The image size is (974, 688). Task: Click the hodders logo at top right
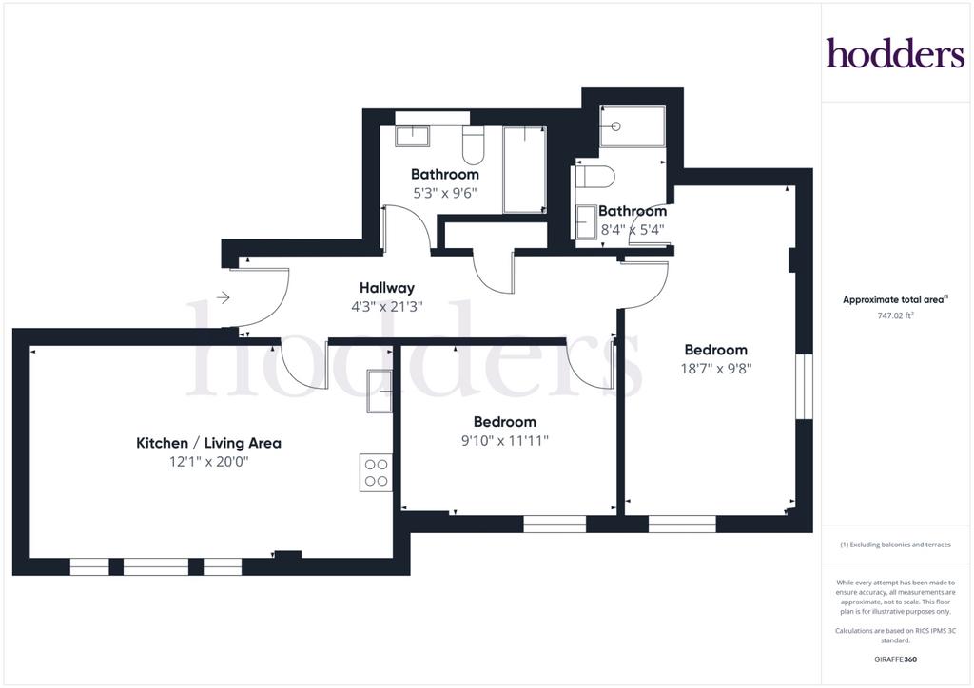click(x=895, y=52)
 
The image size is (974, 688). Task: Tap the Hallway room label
click(x=387, y=288)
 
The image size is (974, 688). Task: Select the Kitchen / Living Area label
click(x=208, y=443)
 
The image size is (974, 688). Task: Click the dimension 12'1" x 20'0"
click(x=208, y=462)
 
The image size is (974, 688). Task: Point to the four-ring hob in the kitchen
click(x=376, y=472)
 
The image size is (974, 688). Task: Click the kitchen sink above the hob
click(x=379, y=391)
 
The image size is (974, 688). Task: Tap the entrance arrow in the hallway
click(x=224, y=298)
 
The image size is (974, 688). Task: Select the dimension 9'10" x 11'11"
click(x=504, y=441)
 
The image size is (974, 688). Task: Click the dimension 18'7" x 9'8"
click(x=716, y=369)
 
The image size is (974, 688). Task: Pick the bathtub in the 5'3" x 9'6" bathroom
click(x=525, y=170)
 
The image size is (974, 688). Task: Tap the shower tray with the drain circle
click(x=633, y=126)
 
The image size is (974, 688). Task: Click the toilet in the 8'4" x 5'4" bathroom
click(x=595, y=177)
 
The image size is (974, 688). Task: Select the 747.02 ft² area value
click(x=895, y=315)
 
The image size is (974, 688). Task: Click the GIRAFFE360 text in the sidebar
click(x=895, y=659)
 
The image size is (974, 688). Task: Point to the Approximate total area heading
click(x=895, y=299)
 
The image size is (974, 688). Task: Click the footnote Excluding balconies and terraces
click(x=895, y=545)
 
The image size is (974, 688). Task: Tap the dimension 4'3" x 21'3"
click(x=387, y=307)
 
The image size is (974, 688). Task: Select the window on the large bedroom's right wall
click(x=805, y=387)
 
